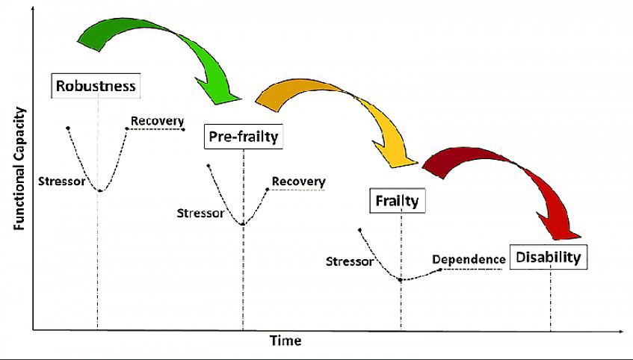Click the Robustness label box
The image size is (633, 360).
96,86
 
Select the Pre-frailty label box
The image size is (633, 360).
243,137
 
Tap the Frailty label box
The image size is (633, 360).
398,200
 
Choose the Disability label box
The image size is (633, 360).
549,258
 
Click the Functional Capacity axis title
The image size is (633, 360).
20,169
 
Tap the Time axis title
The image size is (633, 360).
285,341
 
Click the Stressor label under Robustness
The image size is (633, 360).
61,181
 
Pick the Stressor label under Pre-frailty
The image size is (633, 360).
200,213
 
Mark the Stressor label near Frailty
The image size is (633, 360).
349,261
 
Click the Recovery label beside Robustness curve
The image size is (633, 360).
157,121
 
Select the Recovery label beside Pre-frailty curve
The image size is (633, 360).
298,181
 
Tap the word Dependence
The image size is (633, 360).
469,259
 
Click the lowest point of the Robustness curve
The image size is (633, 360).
99,190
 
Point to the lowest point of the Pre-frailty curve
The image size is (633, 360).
242,224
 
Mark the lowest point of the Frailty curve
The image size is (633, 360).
401,280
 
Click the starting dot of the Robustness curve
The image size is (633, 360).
68,128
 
